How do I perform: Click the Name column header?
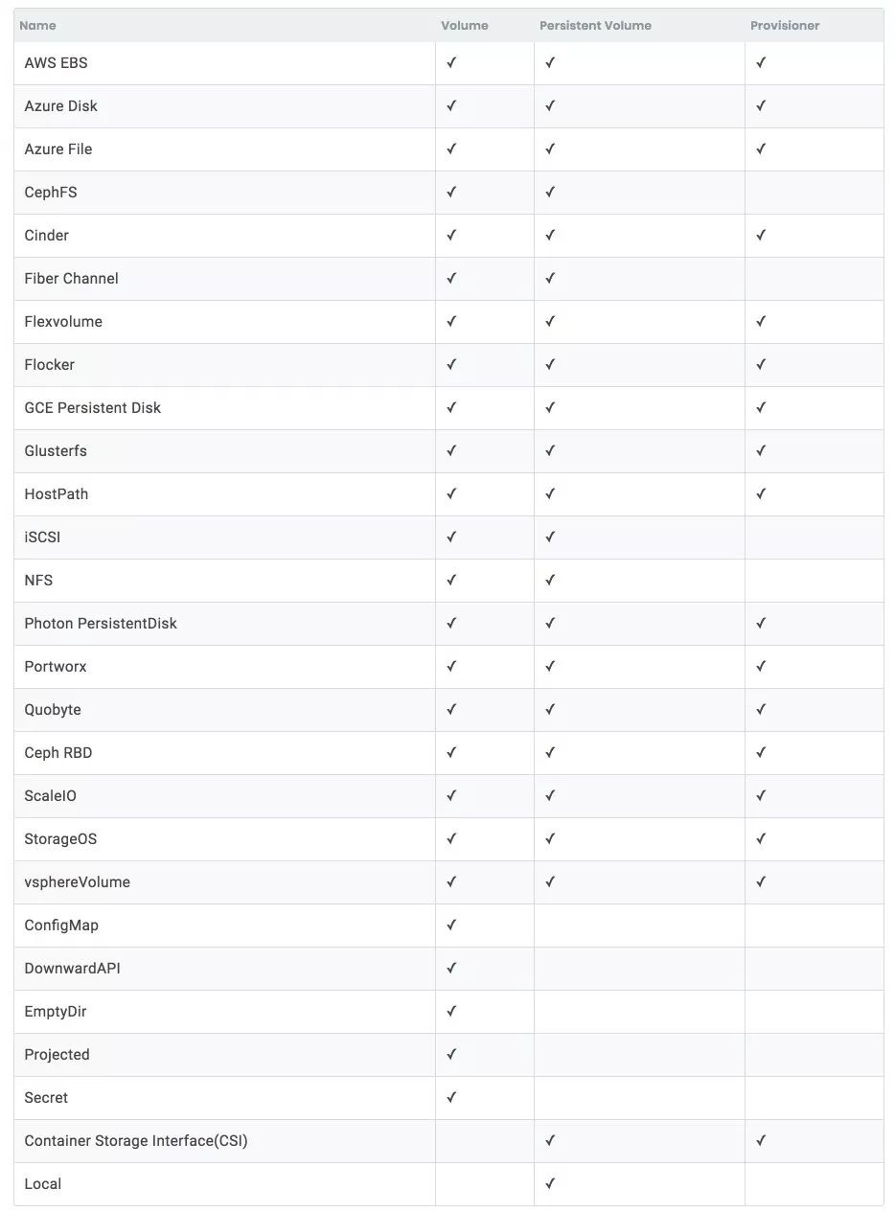coord(37,26)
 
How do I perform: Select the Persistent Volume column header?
coord(595,26)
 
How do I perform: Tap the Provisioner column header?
coord(785,26)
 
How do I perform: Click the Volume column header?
coord(465,26)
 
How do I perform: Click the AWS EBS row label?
coord(56,63)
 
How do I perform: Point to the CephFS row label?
coord(51,193)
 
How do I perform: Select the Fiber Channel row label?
coord(72,279)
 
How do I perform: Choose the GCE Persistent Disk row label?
coord(93,408)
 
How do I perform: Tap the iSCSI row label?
coord(42,537)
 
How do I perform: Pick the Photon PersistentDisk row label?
coord(101,624)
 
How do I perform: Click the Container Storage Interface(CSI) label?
coord(136,1141)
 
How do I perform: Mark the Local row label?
coord(43,1184)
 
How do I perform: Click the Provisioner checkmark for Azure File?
coord(761,149)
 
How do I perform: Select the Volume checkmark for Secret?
coord(451,1098)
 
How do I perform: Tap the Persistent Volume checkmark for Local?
coord(550,1184)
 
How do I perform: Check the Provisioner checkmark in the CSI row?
coord(761,1141)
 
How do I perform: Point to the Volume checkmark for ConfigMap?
coord(451,926)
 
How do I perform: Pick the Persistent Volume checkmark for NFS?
coord(550,581)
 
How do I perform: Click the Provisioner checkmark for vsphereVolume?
coord(761,882)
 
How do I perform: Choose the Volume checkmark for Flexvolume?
coord(451,322)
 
